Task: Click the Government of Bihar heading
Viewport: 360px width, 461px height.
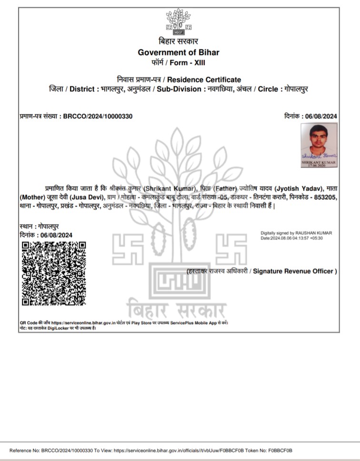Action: coord(179,52)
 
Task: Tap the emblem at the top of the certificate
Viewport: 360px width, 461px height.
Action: coord(178,22)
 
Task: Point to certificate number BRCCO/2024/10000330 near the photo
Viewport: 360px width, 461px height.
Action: coord(98,116)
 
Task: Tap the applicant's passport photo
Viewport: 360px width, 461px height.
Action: coord(319,145)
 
